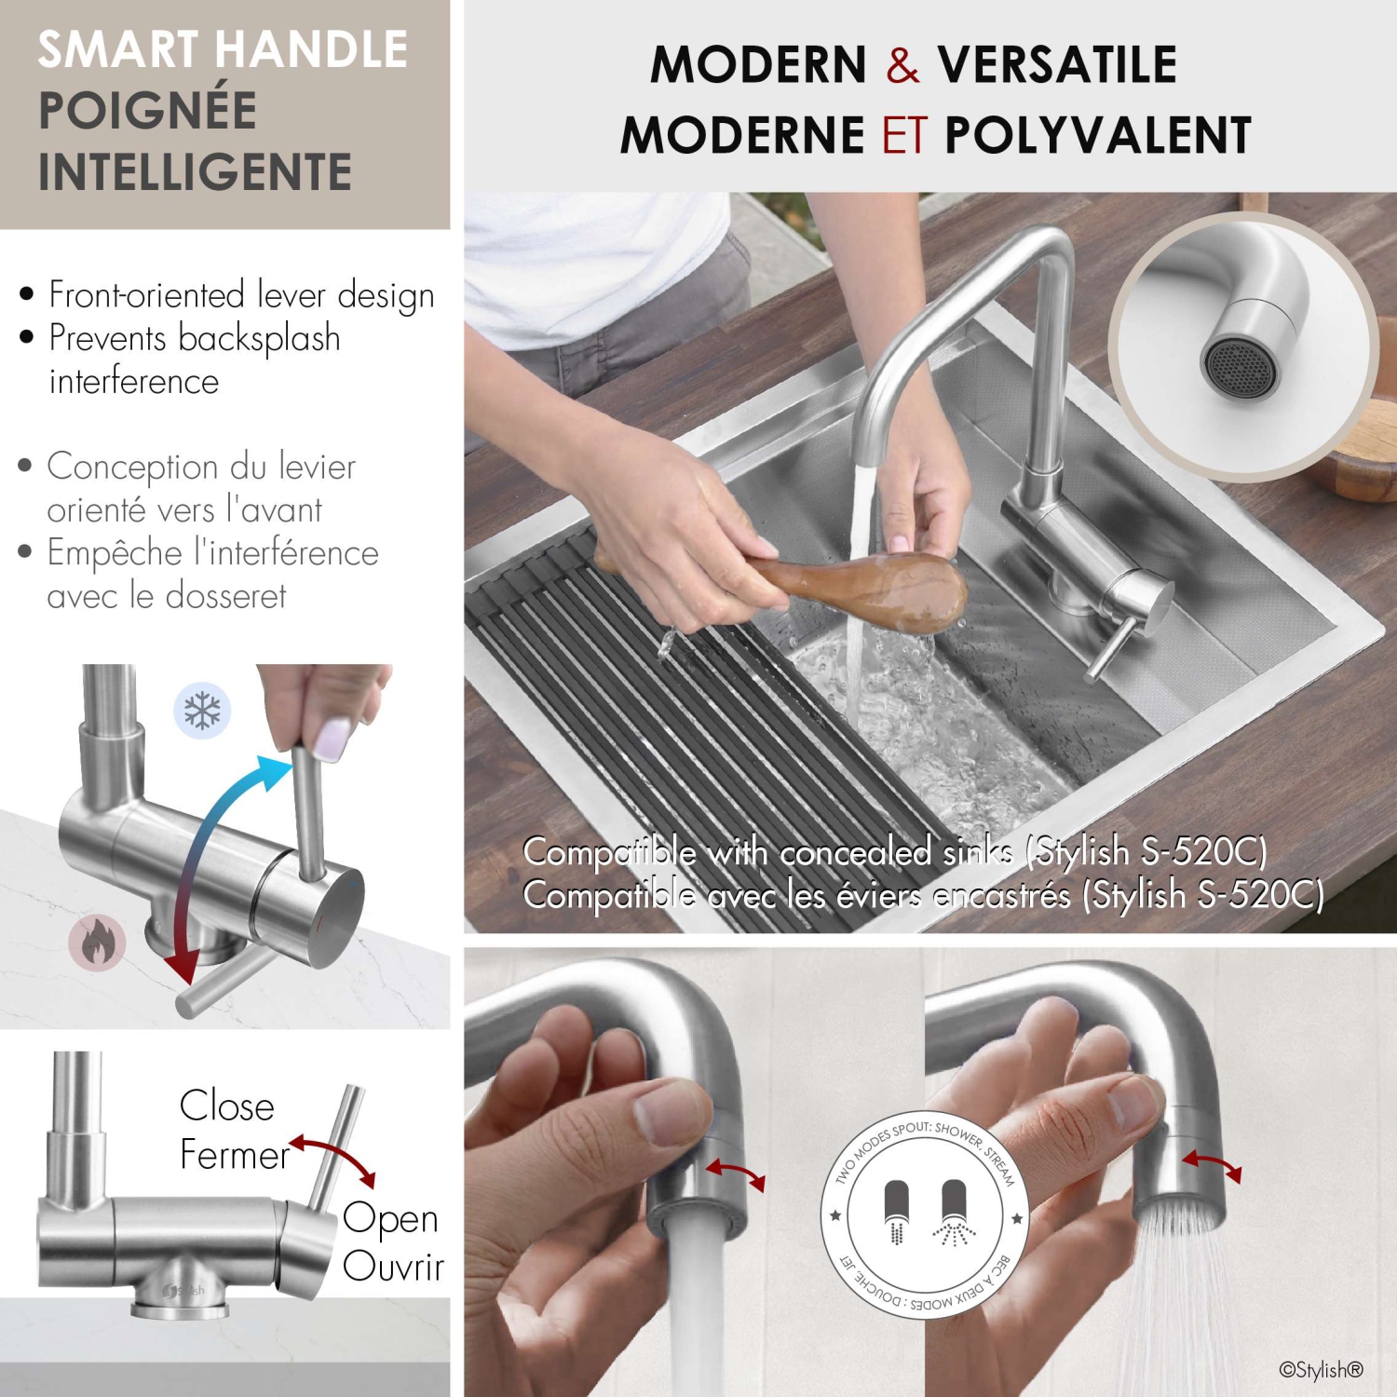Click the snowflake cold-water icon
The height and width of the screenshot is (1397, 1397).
[x=202, y=711]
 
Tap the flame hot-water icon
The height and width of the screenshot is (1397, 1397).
[x=97, y=943]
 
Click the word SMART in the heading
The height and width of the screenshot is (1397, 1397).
[x=116, y=50]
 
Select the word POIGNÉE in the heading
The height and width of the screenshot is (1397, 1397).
[x=147, y=111]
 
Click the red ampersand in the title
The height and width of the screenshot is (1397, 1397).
[x=902, y=65]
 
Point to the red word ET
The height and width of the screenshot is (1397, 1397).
[x=904, y=136]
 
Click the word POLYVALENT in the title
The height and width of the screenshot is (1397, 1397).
[x=1097, y=136]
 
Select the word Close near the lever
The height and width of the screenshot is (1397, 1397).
[x=226, y=1106]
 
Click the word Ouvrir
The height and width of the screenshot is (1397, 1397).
[x=393, y=1267]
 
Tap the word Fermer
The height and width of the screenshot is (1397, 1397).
[x=234, y=1156]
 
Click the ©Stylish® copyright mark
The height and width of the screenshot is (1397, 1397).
[x=1321, y=1369]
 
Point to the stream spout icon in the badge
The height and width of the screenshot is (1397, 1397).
[x=896, y=1211]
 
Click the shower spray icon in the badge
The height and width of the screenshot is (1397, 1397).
[x=954, y=1211]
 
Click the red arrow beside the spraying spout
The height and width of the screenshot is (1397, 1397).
[x=1212, y=1164]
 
